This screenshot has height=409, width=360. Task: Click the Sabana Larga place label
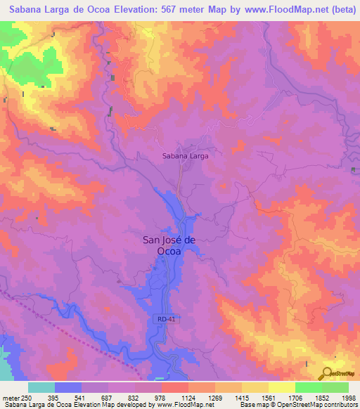pos(185,156)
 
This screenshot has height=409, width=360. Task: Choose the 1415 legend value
pos(229,398)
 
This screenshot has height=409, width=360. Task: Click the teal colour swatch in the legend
pos(41,387)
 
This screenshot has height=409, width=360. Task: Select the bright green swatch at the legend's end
pos(335,387)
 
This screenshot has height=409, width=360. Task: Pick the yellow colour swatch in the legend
pos(255,387)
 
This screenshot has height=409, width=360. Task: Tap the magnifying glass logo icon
pos(327,373)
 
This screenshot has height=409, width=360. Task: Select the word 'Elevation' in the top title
pos(127,11)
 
